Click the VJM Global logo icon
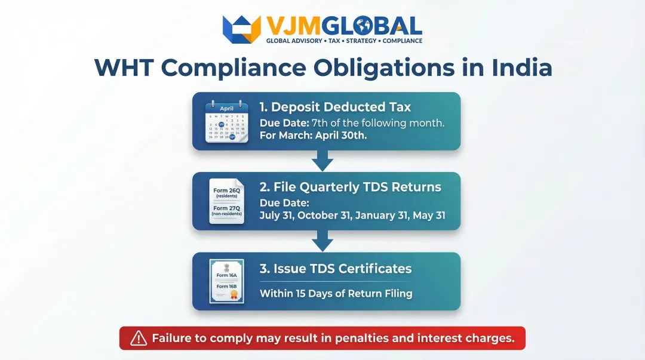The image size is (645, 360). click(242, 29)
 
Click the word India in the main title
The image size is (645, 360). click(521, 67)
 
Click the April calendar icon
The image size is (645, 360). click(226, 121)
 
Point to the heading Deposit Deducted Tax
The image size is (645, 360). click(335, 107)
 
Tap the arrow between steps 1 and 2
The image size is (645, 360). click(322, 161)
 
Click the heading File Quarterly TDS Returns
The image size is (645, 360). click(350, 187)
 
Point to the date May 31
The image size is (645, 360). click(428, 216)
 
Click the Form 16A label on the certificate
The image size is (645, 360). click(226, 275)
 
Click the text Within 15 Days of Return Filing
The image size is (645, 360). click(336, 294)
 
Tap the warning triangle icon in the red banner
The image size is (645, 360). click(139, 339)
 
